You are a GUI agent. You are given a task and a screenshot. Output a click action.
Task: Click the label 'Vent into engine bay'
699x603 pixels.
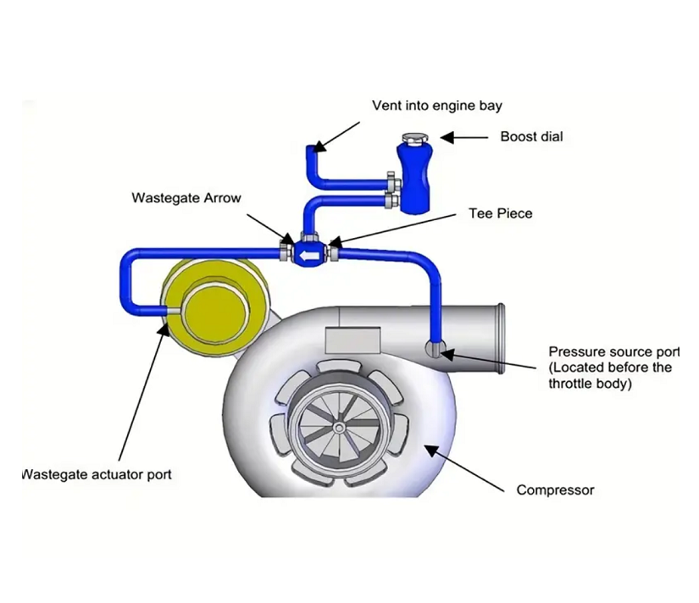pos(437,106)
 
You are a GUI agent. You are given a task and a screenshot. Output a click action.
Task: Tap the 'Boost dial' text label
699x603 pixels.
pos(531,136)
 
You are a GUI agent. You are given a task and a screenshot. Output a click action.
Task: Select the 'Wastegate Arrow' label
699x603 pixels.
pos(186,198)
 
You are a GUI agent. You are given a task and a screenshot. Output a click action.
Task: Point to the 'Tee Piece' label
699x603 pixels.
pos(501,213)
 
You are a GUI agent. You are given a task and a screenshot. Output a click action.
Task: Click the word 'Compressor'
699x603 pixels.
pos(555,490)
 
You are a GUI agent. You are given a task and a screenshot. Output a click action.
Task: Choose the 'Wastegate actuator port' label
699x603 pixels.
pos(97,474)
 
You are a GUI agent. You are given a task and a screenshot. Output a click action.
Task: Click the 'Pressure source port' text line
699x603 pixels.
pos(613,351)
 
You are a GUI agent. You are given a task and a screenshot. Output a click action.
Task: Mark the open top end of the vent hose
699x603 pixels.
pos(311,148)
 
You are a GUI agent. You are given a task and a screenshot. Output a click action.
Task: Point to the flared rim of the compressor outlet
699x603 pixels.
pos(502,329)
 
